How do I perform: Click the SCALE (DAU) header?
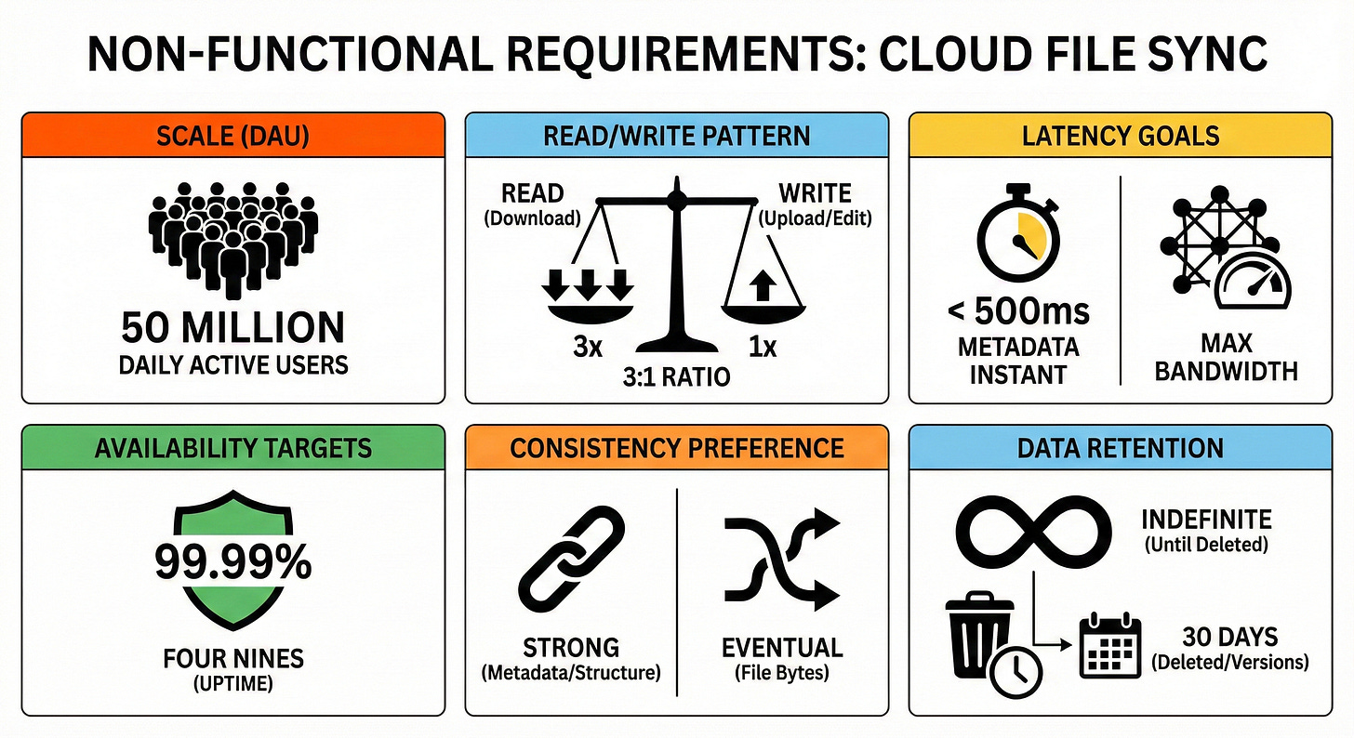point(232,136)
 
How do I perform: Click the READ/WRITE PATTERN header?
point(676,136)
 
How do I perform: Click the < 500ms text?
point(1018,311)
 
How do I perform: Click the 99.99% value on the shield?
point(232,563)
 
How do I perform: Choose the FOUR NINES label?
point(232,659)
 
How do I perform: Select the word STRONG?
point(570,646)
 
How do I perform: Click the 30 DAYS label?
point(1229,638)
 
